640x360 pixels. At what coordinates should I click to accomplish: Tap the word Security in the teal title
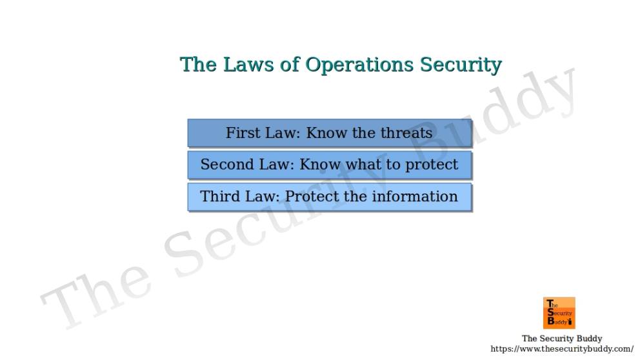461,65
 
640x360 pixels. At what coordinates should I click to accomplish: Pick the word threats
406,133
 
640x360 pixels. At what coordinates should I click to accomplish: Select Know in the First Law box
326,133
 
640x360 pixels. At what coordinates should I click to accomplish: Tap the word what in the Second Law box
363,165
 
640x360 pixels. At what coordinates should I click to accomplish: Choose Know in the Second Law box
321,165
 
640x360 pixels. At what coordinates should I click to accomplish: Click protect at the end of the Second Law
432,165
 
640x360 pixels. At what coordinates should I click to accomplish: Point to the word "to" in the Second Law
393,165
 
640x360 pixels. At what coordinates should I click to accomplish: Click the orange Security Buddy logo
559,313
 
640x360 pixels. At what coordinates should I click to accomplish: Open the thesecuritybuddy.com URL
561,349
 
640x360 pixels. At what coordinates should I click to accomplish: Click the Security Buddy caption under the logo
561,338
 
